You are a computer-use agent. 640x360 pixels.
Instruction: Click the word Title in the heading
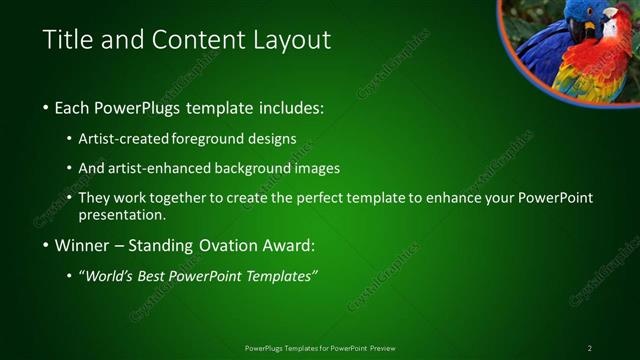coord(67,40)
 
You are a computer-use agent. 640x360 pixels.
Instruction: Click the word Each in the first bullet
coord(74,107)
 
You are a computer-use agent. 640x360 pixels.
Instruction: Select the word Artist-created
coord(124,140)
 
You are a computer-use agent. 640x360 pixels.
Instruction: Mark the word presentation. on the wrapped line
coord(122,215)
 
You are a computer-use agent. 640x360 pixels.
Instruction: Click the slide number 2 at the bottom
coord(590,348)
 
